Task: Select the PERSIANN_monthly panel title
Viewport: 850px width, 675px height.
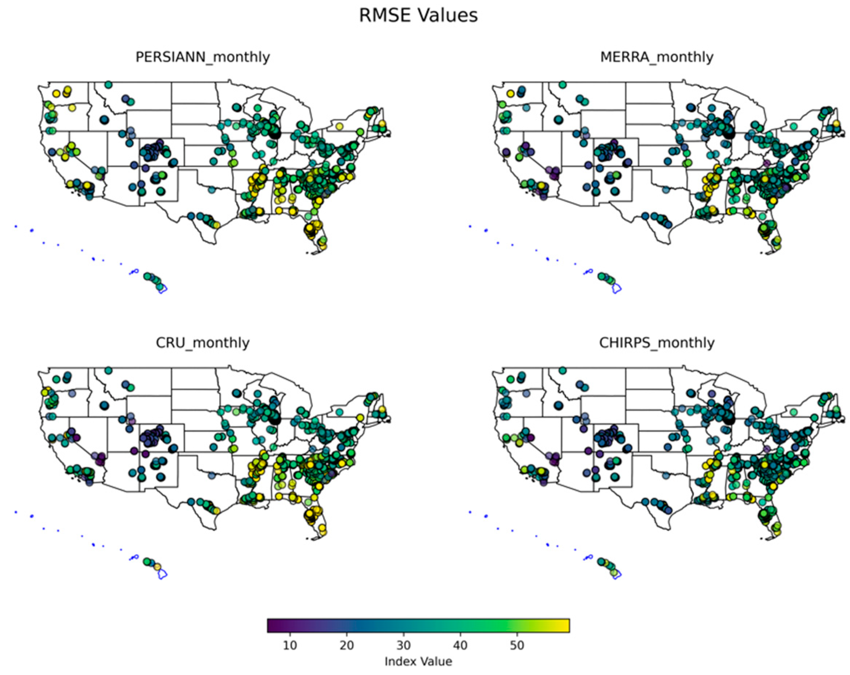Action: coord(203,57)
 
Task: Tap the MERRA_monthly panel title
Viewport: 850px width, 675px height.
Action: coord(657,57)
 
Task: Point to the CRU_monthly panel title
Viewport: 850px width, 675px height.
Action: coord(203,342)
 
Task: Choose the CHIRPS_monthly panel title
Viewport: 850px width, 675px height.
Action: coord(657,342)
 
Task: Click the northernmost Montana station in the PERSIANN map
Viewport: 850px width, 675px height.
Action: coord(109,85)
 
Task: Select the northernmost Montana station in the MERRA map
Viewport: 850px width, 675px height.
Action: coord(563,85)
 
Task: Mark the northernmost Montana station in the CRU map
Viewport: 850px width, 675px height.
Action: coord(109,370)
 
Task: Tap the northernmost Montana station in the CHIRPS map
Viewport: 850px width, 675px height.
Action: coord(563,370)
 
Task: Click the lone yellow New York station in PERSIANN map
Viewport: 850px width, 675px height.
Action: coord(339,126)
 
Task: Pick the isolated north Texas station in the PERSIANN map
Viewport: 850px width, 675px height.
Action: coord(212,190)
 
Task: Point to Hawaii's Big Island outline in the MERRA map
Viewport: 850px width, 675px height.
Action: coord(617,289)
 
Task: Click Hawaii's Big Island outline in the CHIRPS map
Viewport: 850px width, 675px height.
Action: coord(617,575)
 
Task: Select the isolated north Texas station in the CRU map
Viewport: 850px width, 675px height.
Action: coord(212,475)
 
